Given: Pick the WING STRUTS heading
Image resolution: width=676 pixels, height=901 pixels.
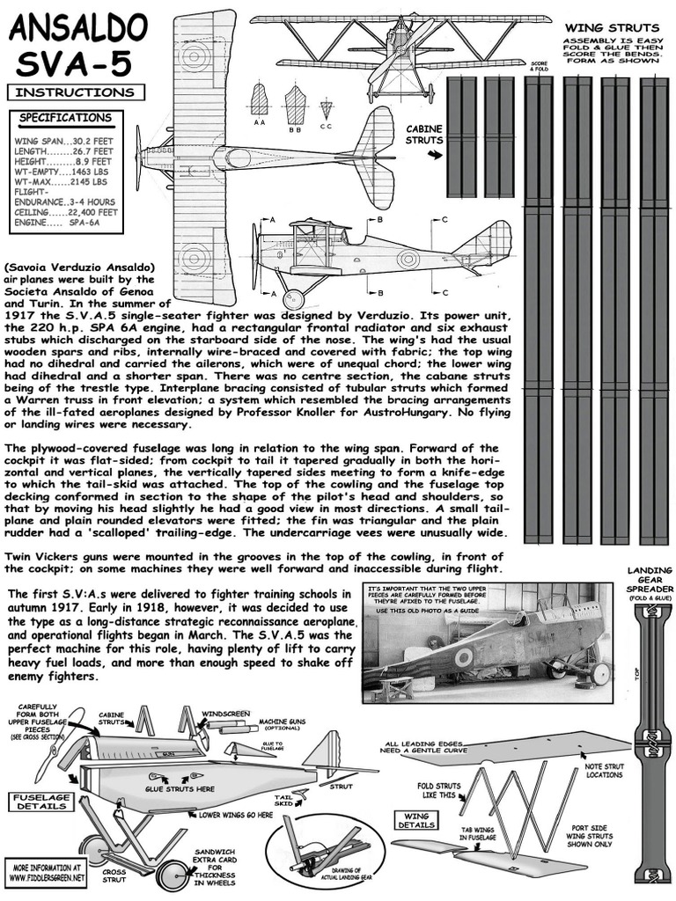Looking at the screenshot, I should [610, 28].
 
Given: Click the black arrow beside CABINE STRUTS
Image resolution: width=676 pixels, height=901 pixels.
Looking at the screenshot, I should [434, 155].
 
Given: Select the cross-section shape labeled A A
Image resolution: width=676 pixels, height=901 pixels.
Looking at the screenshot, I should [259, 99].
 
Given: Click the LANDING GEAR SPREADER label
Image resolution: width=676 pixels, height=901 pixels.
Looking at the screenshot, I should [650, 580].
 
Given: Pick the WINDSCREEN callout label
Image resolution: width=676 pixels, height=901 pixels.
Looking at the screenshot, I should [225, 712].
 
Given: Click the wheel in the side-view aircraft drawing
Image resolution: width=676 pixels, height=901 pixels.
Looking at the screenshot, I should [293, 299].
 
